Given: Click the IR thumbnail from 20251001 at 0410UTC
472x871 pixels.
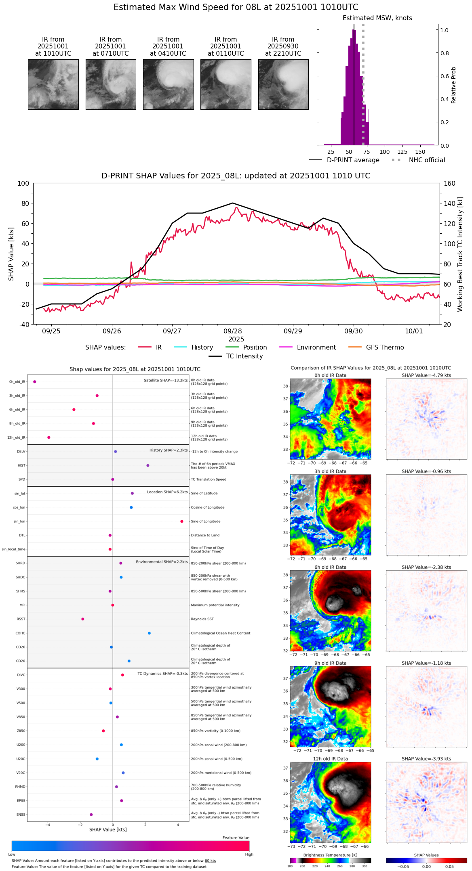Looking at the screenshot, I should (x=168, y=84).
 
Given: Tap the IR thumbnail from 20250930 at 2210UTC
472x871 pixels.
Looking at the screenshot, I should (x=283, y=84).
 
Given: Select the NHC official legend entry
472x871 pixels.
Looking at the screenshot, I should (x=427, y=160).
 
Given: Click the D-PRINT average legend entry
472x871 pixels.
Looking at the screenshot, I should (x=353, y=160).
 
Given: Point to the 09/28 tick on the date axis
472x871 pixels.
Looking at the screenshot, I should (x=233, y=331).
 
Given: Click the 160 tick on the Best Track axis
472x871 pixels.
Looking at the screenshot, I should (x=449, y=183).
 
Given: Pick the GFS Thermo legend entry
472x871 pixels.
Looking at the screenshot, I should (x=385, y=348).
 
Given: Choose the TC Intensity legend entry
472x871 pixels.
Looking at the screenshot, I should (x=244, y=356).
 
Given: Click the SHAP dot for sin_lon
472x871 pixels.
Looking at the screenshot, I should (x=182, y=521).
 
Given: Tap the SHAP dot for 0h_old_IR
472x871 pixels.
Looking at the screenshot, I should (x=35, y=381).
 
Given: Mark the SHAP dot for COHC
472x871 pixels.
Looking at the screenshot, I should (x=149, y=633).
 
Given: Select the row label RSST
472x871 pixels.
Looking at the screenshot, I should (x=21, y=619).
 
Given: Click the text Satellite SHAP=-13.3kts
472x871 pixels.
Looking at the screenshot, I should (x=166, y=381).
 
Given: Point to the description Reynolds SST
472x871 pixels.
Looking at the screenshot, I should (x=202, y=619).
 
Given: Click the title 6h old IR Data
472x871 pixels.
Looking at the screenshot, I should (x=330, y=567).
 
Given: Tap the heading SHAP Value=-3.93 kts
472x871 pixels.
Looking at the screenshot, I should (x=426, y=759).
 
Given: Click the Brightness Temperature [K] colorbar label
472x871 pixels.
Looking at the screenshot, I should (x=330, y=855).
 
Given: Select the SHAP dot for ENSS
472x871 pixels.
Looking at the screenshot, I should (x=91, y=814).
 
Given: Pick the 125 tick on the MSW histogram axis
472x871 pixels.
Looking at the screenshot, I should (x=402, y=152).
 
